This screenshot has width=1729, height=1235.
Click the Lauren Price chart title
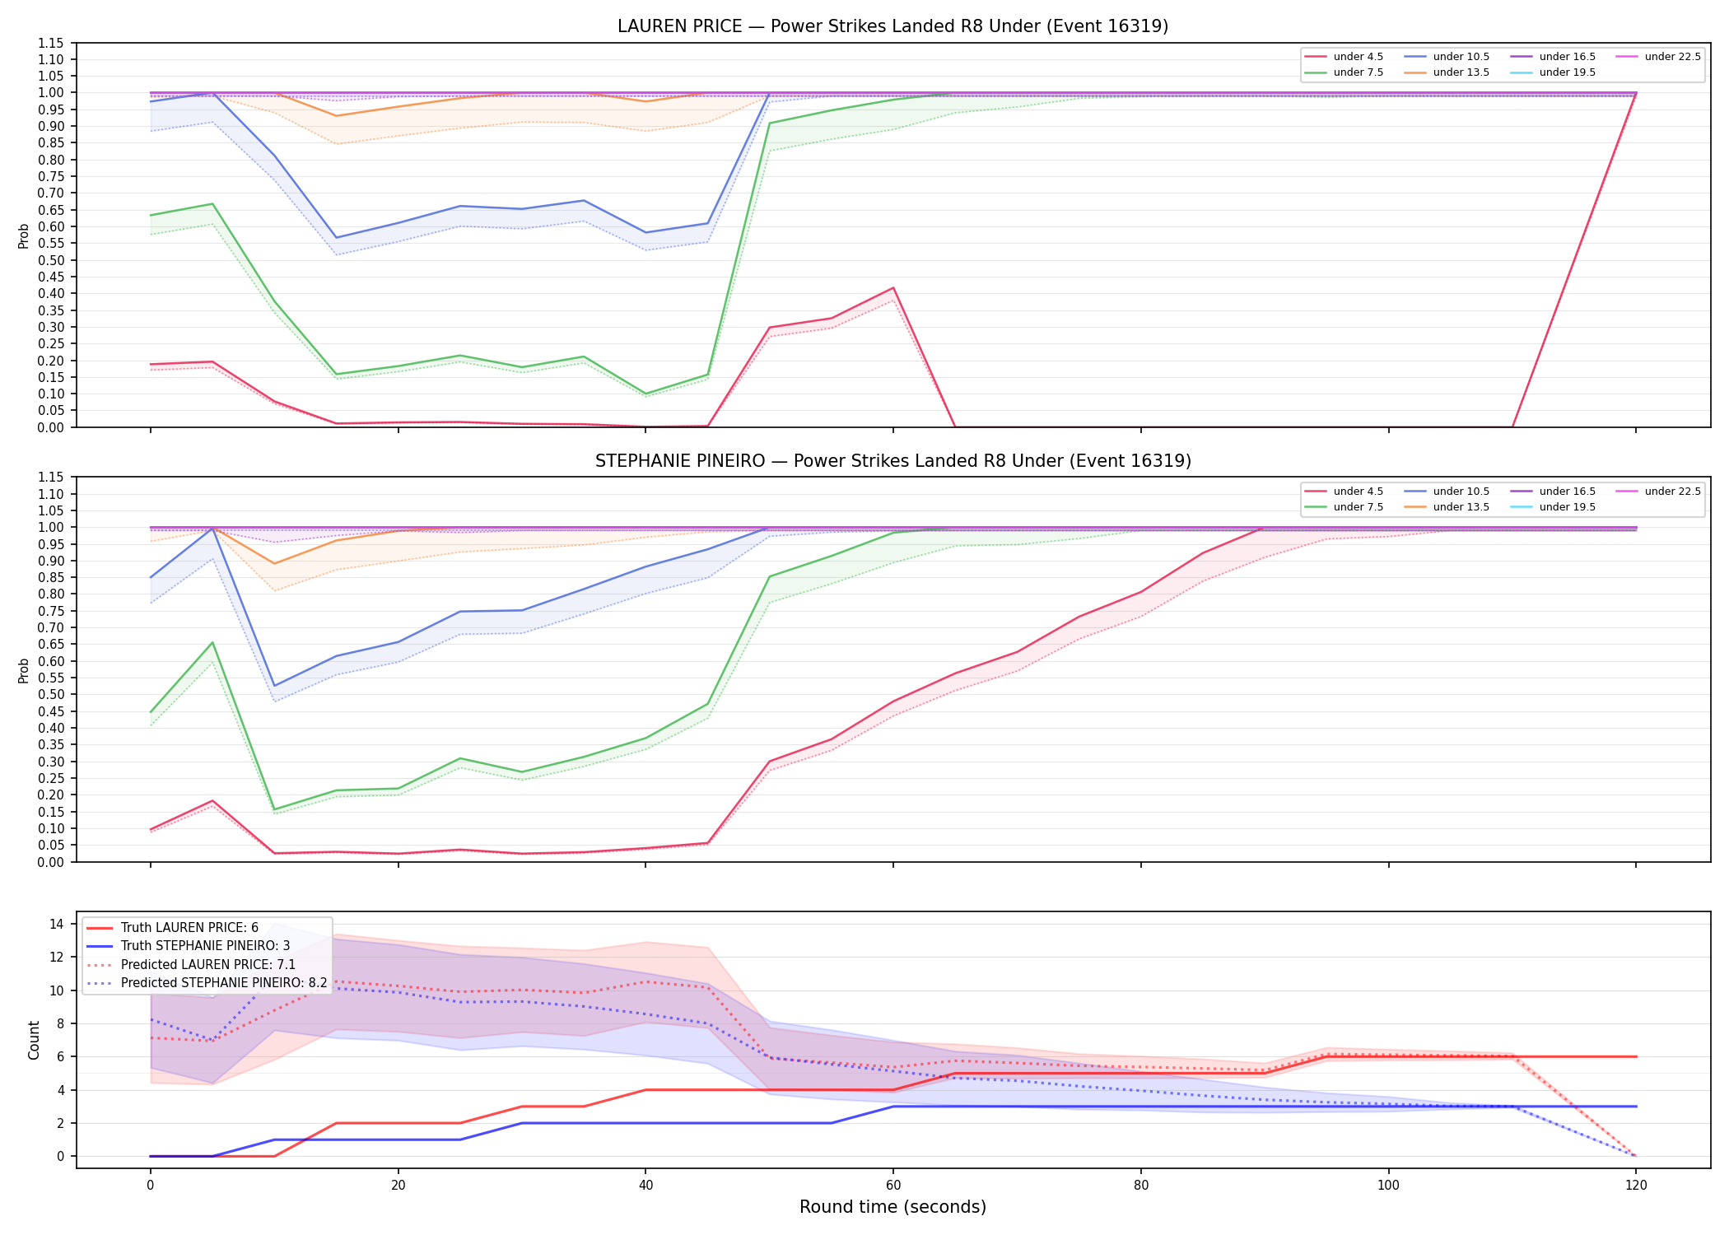[892, 26]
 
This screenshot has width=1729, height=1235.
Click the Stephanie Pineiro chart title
[892, 461]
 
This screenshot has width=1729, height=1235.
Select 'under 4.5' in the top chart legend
[1358, 57]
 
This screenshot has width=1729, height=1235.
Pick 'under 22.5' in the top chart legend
[1672, 57]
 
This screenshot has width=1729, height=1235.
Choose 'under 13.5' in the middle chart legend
[1461, 507]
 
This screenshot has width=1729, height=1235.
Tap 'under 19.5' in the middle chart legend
[1567, 507]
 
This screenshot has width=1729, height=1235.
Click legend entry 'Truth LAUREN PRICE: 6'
[189, 928]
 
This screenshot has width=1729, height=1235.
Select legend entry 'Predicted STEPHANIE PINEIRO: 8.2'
[224, 983]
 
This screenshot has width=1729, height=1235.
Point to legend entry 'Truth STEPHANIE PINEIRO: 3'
[205, 946]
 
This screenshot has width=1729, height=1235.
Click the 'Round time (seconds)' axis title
[892, 1207]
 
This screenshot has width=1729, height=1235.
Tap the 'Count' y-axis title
[34, 1040]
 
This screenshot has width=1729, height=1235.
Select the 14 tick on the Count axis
[57, 924]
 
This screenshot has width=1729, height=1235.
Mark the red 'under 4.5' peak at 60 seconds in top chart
[893, 288]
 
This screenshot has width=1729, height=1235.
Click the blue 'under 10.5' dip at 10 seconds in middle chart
[274, 686]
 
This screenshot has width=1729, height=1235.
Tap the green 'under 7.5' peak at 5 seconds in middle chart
[212, 643]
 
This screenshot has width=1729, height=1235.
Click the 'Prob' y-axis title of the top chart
[24, 235]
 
